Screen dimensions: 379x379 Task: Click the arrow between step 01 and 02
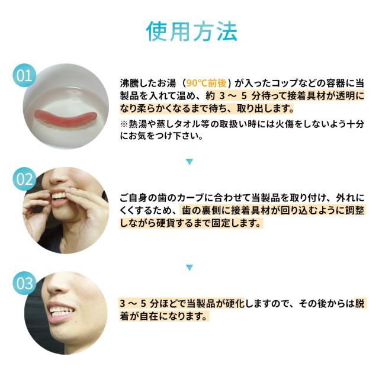click(189, 161)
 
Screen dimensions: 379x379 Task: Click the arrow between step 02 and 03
click(189, 268)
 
